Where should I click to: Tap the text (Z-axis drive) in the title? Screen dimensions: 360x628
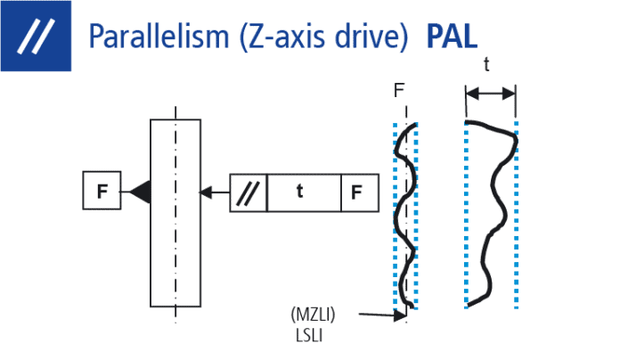[327, 37]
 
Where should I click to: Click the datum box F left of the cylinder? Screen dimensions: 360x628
[102, 190]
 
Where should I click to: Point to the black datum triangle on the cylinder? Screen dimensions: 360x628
[140, 190]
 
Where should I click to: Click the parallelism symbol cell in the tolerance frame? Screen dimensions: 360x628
[249, 192]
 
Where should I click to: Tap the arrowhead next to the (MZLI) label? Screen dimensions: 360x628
[396, 315]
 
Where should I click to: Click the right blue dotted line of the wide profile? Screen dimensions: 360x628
[517, 214]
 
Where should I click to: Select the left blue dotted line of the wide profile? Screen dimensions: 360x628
[466, 214]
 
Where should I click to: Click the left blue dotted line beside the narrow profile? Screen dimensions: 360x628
[395, 214]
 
